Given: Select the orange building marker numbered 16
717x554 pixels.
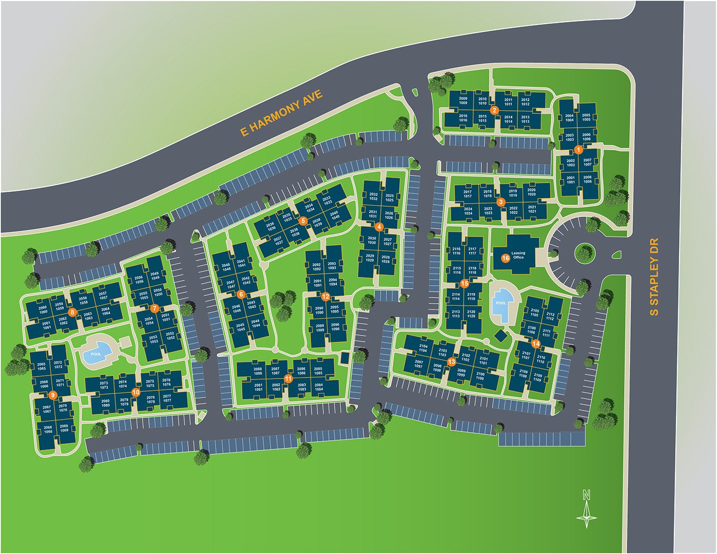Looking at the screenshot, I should (506, 258).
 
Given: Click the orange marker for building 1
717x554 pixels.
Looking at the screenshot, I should (578, 150).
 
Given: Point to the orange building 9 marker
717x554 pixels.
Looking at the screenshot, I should (52, 395).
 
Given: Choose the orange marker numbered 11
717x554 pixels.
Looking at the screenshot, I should (288, 379).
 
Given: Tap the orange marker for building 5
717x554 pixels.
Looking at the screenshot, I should (303, 221).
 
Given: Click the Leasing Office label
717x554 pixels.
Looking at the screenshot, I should (518, 255).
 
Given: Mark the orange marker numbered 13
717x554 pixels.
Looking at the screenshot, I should (452, 362).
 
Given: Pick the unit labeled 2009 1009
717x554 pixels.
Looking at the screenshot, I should (463, 101).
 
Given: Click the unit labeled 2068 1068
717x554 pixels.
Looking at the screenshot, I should (48, 429).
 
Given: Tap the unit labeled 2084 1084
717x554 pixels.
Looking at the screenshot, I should (319, 387).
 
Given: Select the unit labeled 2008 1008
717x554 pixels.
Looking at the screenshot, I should (587, 180).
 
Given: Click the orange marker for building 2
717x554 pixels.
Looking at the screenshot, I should (494, 110).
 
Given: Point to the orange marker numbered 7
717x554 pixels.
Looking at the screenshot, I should (154, 308).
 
